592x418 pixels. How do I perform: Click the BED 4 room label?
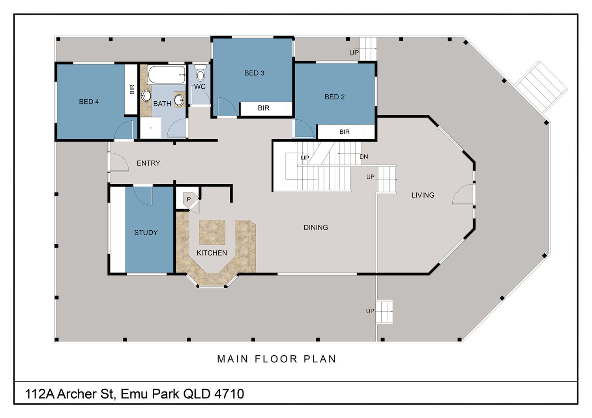click(89, 102)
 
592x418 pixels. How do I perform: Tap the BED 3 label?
click(254, 73)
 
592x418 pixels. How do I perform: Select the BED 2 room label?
click(335, 97)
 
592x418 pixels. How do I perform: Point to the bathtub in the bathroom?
click(167, 75)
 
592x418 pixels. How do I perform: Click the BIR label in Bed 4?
click(132, 90)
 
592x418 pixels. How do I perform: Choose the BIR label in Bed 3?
click(264, 108)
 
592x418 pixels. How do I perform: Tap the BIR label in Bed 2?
click(345, 132)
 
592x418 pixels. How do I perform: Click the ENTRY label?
click(148, 163)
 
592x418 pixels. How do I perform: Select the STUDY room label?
click(146, 233)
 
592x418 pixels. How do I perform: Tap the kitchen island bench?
click(212, 232)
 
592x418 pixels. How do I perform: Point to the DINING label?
click(316, 228)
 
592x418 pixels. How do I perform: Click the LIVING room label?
click(423, 195)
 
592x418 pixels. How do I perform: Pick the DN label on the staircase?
click(363, 157)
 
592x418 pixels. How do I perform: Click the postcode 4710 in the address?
click(229, 394)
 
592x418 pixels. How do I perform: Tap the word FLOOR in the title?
click(276, 359)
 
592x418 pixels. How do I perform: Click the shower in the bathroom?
click(151, 128)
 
